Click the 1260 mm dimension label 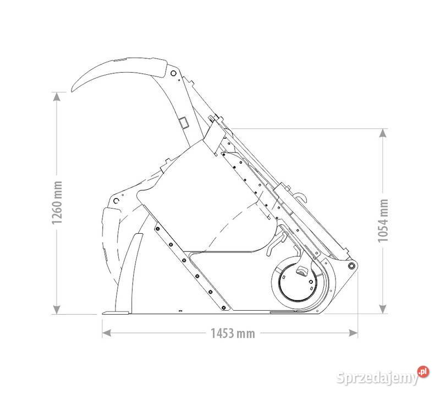pyautogui.click(x=57, y=202)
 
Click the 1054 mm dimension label pyautogui.click(x=383, y=221)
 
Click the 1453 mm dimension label pyautogui.click(x=233, y=333)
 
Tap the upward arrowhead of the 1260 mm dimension pyautogui.click(x=57, y=96)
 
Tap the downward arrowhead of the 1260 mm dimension pyautogui.click(x=57, y=310)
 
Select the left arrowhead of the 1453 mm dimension pyautogui.click(x=106, y=333)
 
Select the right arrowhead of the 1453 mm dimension pyautogui.click(x=353, y=333)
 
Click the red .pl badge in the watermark pyautogui.click(x=423, y=372)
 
